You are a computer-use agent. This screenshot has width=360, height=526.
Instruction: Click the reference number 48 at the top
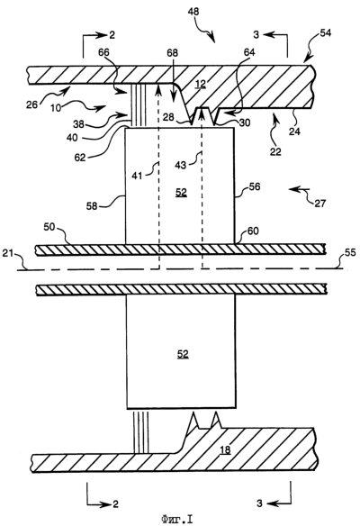click(x=193, y=12)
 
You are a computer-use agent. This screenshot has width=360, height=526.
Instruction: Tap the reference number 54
click(x=325, y=32)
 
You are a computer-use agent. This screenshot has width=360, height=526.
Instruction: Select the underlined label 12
click(x=200, y=84)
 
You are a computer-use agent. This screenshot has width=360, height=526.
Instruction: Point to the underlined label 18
click(x=225, y=449)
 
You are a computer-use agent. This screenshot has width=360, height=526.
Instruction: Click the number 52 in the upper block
click(x=181, y=193)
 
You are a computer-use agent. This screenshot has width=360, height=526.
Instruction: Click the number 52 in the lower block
click(x=183, y=355)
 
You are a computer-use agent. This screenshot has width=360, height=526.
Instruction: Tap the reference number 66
click(x=103, y=52)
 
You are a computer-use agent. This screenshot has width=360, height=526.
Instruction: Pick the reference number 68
click(x=172, y=53)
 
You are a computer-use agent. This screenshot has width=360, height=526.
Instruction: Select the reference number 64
click(x=249, y=52)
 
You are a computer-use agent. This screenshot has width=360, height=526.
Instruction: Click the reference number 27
click(x=320, y=203)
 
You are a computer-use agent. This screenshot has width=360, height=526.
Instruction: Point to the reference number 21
click(x=8, y=253)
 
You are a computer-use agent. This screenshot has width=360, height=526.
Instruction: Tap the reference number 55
click(x=350, y=252)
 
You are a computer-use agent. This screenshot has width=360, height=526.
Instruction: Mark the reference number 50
click(x=49, y=227)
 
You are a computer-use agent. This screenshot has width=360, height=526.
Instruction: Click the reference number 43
click(x=181, y=165)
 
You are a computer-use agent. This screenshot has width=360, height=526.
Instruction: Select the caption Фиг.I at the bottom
click(x=176, y=520)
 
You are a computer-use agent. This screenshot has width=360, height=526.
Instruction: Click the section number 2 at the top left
click(x=112, y=34)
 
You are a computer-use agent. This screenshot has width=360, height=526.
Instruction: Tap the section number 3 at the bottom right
click(x=259, y=503)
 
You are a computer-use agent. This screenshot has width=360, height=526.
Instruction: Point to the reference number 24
click(x=294, y=131)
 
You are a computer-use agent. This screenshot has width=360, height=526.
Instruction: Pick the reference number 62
click(x=80, y=158)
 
